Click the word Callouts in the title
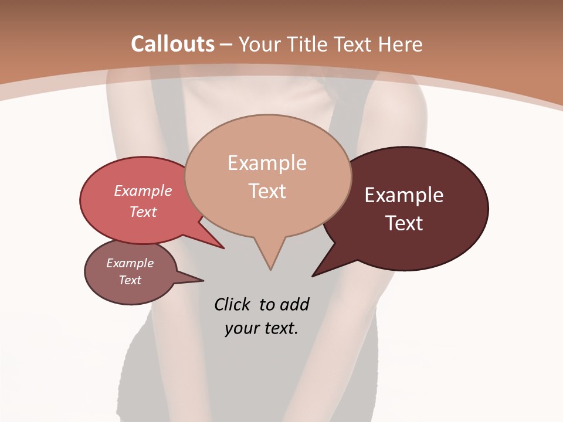pos(172,44)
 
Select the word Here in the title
pos(401,44)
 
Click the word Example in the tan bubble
pos(267,163)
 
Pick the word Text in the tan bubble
pos(267,191)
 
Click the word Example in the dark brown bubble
pos(404,195)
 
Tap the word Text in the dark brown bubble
pos(405,223)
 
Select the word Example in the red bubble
pos(143,190)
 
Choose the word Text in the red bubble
pos(143,212)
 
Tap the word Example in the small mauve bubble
pos(130,263)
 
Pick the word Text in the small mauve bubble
pos(130,280)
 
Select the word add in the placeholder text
pos(294,305)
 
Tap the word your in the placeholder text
pos(240,328)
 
